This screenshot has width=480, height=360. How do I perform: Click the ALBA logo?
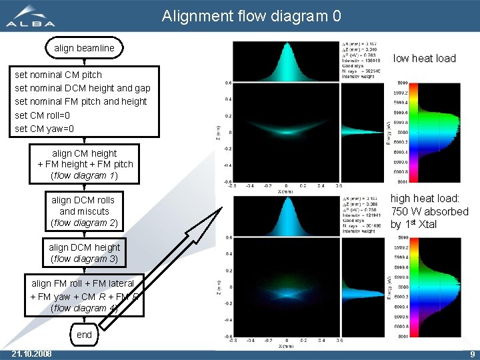pos(31,17)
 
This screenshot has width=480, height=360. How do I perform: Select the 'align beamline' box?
pos(84,48)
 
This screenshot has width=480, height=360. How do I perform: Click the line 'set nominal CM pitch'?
pos(58,75)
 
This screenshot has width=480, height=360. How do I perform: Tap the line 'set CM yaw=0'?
pos(44,129)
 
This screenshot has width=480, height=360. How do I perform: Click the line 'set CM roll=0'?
pos(43,115)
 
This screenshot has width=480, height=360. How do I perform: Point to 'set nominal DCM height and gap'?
pos(83,88)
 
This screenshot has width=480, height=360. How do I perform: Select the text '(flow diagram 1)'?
pos(84,176)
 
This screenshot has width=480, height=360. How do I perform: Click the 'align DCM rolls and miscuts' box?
pos(83,211)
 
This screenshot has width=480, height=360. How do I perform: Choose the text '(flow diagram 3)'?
pos(84,259)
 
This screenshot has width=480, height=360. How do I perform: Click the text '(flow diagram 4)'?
pos(84,308)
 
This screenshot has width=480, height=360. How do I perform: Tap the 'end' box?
pos(84,335)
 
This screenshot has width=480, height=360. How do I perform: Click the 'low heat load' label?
pos(425,58)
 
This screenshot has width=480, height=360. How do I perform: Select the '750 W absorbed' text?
pos(429,211)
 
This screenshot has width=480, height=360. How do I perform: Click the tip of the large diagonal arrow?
pos(224,207)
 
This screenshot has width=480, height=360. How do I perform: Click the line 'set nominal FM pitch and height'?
pos(81,101)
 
